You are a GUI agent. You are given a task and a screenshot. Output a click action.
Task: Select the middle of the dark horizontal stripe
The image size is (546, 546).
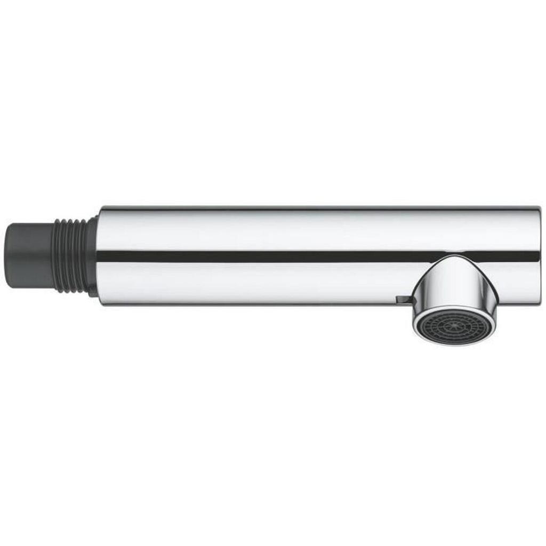[x=315, y=256]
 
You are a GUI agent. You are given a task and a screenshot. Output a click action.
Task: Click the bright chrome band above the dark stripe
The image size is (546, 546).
[x=315, y=229]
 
